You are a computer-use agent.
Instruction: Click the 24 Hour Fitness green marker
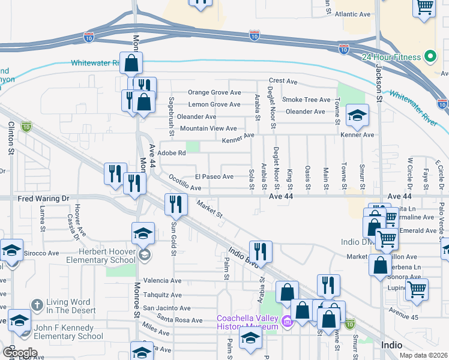click(430, 57)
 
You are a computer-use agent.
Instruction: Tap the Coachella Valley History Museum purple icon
click(286, 322)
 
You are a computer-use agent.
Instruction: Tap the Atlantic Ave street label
click(354, 14)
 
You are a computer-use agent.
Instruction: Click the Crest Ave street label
click(283, 80)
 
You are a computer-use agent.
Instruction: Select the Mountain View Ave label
click(208, 128)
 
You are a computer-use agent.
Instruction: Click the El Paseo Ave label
click(214, 176)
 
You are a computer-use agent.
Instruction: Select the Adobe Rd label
click(172, 153)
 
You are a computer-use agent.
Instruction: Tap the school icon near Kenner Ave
click(357, 116)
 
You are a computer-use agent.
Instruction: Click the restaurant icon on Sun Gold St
click(175, 204)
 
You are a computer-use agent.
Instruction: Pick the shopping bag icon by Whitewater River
click(131, 63)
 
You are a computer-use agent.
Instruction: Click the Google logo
click(20, 353)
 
